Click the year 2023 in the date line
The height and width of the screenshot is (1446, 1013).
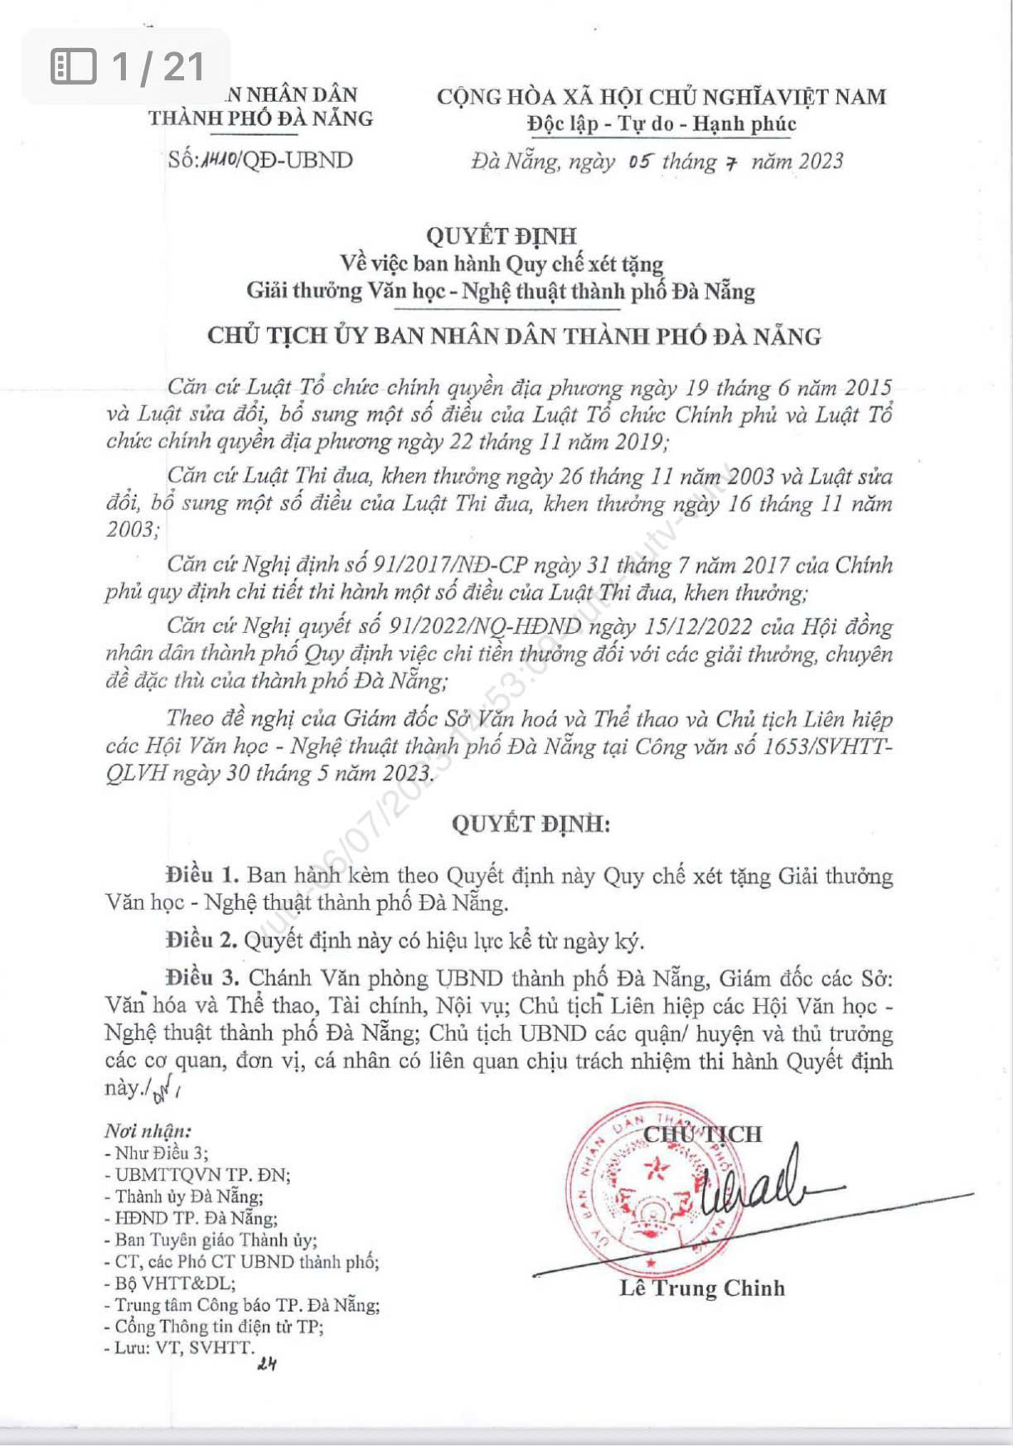pyautogui.click(x=820, y=161)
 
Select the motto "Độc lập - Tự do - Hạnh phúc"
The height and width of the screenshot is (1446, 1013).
pyautogui.click(x=662, y=124)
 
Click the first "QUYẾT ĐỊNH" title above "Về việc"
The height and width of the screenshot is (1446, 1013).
pyautogui.click(x=502, y=236)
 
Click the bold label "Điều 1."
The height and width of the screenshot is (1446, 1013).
pyautogui.click(x=202, y=875)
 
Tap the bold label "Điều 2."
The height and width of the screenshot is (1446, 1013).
pyautogui.click(x=202, y=941)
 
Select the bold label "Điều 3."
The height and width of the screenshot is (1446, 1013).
pyautogui.click(x=202, y=978)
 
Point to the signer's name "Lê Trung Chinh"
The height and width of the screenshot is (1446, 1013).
pyautogui.click(x=701, y=1288)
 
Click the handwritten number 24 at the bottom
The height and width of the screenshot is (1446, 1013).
pyautogui.click(x=266, y=1365)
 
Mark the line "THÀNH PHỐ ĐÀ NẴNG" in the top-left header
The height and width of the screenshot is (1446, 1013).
pyautogui.click(x=260, y=118)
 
